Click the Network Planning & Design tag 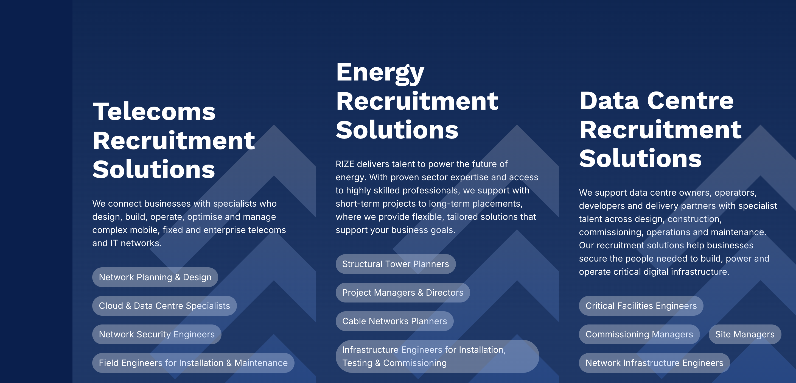pos(155,277)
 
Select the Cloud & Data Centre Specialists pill pos(164,306)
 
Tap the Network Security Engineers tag pos(157,334)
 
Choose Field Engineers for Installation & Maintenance pos(193,363)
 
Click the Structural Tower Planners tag pos(396,264)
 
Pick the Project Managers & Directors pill pos(403,292)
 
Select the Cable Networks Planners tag pos(395,321)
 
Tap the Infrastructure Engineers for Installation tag pos(437,356)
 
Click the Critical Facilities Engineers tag pos(641,306)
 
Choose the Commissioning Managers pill pos(639,334)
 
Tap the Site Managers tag pos(745,334)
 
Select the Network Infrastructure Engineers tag pos(654,363)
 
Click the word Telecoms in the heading pos(154,111)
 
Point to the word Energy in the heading pos(380,73)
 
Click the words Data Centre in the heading pos(656,101)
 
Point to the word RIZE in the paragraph pos(345,164)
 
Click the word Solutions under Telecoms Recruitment pos(154,169)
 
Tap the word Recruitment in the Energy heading pos(417,101)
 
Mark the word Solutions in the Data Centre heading pos(640,159)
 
